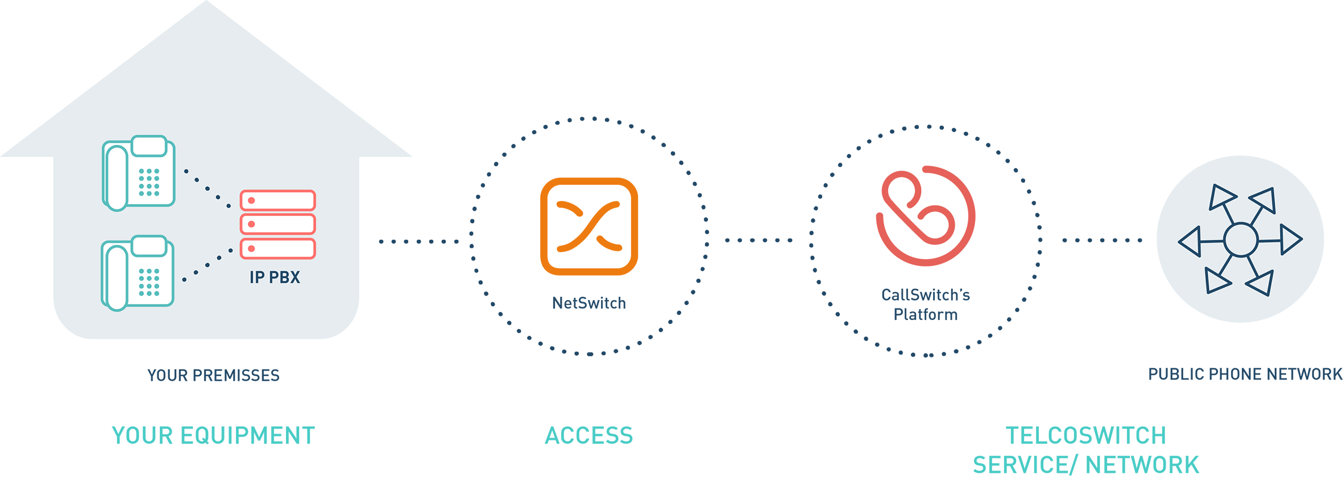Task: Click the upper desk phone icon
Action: [139, 173]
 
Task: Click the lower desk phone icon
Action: [138, 273]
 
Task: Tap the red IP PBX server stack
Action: [278, 224]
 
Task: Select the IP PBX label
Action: [275, 277]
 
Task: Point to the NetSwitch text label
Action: [589, 303]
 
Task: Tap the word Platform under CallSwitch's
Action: [926, 314]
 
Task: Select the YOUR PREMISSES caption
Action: [214, 375]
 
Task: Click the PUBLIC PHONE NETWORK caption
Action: [1245, 374]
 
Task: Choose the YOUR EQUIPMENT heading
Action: [213, 436]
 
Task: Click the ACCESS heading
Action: [589, 436]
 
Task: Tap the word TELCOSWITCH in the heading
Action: [1086, 436]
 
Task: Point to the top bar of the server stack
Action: [278, 201]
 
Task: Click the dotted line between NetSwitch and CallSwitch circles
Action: [758, 240]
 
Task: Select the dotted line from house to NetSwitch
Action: [419, 241]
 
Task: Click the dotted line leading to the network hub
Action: [1102, 240]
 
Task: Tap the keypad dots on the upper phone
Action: [149, 182]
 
